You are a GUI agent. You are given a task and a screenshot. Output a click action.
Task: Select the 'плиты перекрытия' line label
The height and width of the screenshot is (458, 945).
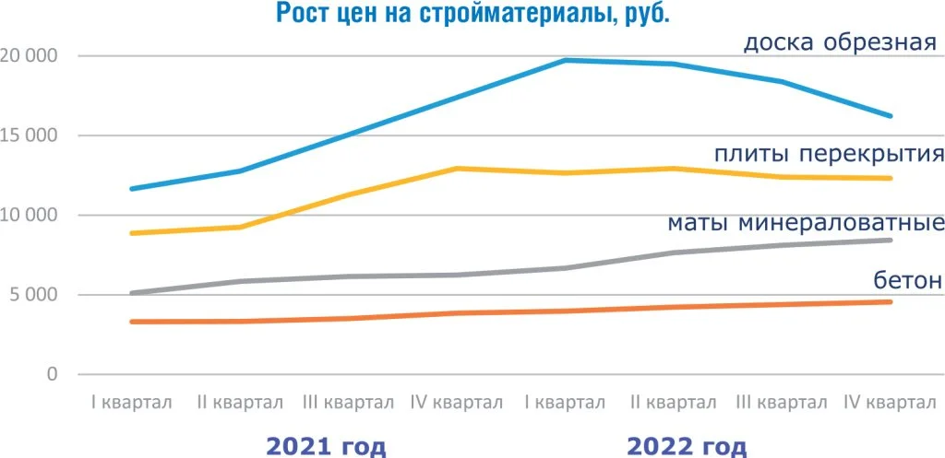coord(828,153)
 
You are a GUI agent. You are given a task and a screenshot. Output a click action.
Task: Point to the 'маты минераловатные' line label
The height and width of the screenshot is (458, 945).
coord(805,223)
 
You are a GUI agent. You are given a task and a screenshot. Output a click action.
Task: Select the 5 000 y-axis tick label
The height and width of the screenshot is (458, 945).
coord(33,296)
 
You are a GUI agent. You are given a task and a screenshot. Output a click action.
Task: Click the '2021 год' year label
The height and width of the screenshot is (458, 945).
coord(325,447)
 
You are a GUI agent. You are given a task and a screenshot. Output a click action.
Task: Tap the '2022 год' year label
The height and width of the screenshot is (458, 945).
coord(687,447)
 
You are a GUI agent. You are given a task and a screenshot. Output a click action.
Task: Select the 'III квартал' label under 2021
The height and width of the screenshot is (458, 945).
coord(348,404)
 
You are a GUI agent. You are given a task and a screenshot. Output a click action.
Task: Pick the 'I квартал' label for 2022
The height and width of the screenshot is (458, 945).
coord(565,404)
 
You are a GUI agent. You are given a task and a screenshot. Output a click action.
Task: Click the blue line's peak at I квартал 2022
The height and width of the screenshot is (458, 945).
coord(565,61)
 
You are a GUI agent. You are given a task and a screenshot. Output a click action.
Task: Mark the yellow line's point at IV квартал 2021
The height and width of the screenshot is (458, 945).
coord(457,169)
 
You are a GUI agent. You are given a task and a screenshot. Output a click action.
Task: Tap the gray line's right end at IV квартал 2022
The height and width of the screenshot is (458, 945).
coord(891,241)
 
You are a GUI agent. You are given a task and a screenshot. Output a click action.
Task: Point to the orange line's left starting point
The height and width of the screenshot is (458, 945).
coord(132,322)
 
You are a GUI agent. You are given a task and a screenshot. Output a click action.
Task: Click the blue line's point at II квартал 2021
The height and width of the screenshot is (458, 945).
coord(240,170)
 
